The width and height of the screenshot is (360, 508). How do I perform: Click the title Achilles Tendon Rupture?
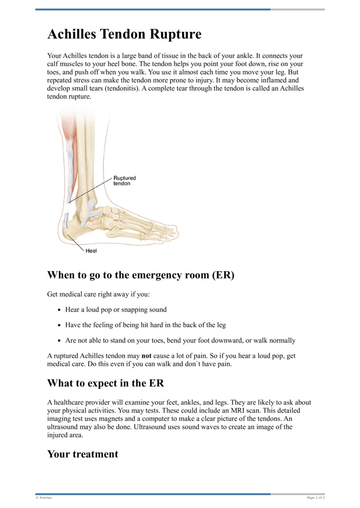pos(124,34)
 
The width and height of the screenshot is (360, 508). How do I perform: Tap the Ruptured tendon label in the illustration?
pos(125,181)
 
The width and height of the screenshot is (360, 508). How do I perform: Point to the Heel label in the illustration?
pos(91,251)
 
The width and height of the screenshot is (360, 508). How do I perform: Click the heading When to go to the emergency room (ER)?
pos(141,275)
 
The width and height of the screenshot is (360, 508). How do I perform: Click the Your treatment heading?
pos(83,454)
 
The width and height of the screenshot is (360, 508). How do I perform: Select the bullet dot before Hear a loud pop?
pos(60,310)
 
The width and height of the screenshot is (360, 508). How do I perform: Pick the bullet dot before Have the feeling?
pos(60,325)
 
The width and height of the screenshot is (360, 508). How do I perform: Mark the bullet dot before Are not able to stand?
pos(60,340)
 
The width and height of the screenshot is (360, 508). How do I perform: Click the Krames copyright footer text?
pos(44,498)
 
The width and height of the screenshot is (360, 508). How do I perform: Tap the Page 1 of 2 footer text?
pos(315,498)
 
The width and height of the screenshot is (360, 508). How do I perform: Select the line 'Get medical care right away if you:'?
pos(99,294)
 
